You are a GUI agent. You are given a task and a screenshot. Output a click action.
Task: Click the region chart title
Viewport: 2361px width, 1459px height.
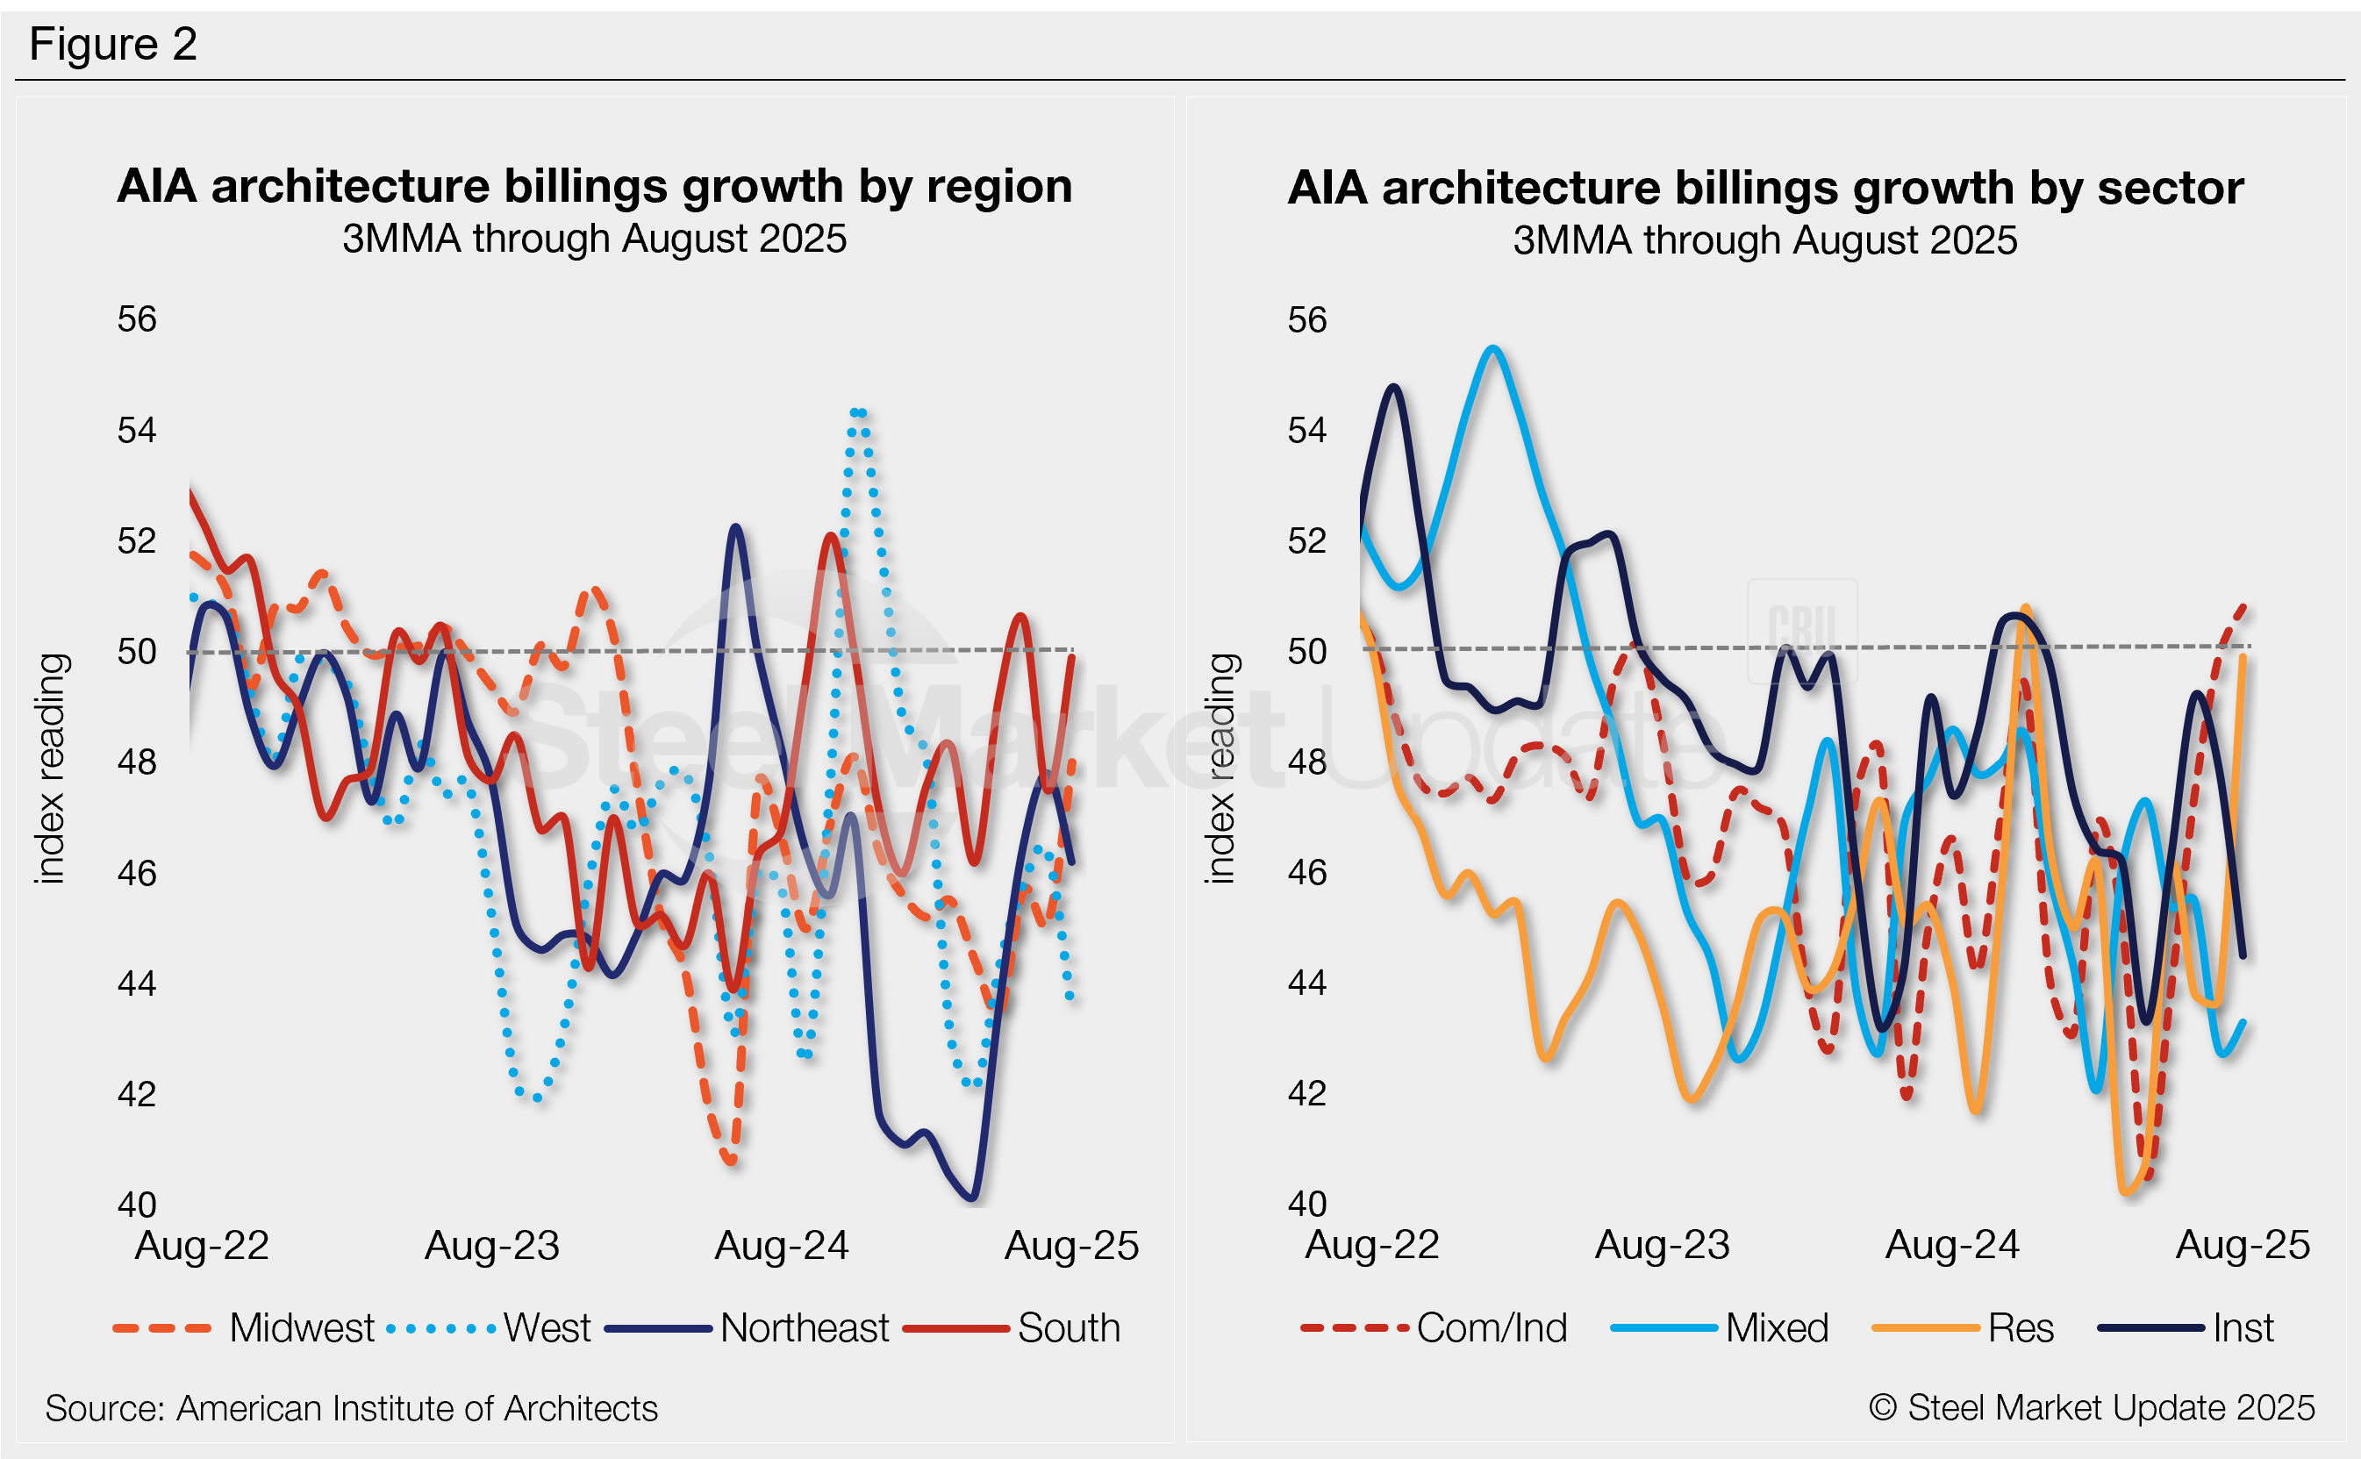click(594, 186)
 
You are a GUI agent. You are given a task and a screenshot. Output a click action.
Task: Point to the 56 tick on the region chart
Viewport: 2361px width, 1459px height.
click(137, 319)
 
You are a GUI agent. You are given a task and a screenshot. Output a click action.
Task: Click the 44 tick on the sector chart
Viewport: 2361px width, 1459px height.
click(1307, 983)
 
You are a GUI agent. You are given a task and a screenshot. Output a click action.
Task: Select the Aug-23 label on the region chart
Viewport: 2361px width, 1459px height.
click(492, 1246)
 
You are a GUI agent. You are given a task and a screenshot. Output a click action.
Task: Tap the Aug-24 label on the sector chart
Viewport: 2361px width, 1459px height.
click(1952, 1245)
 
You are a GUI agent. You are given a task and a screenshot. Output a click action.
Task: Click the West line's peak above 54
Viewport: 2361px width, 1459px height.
click(858, 413)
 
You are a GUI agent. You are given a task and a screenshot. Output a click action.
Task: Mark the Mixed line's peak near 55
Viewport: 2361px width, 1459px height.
click(1492, 348)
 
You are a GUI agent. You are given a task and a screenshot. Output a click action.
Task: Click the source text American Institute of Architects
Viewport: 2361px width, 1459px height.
click(351, 1409)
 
